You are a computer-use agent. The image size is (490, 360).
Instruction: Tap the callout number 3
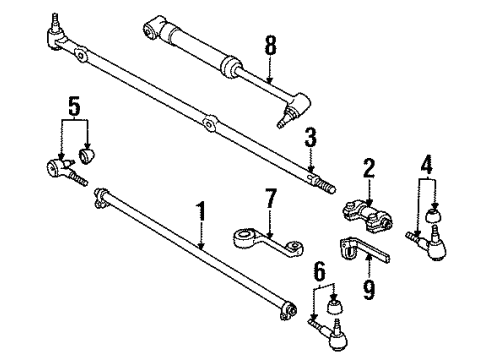pyautogui.click(x=311, y=136)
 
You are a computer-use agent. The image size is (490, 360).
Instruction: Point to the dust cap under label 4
pyautogui.click(x=436, y=217)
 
